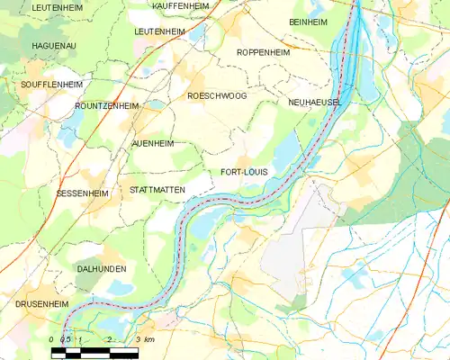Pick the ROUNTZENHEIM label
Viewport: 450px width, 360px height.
[x=107, y=106]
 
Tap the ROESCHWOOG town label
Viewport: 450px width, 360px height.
[x=216, y=95]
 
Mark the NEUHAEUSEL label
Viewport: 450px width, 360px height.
[x=315, y=104]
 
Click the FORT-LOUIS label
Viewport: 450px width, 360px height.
[x=243, y=172]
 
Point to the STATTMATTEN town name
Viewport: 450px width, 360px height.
[x=157, y=191]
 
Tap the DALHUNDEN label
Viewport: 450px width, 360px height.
[x=101, y=269]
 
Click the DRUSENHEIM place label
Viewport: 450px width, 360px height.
[x=41, y=305]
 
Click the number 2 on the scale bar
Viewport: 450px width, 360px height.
[x=109, y=339]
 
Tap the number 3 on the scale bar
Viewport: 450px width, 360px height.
[x=137, y=339]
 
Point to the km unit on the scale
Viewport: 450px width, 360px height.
[x=150, y=339]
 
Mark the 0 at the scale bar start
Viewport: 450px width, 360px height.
[x=52, y=339]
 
